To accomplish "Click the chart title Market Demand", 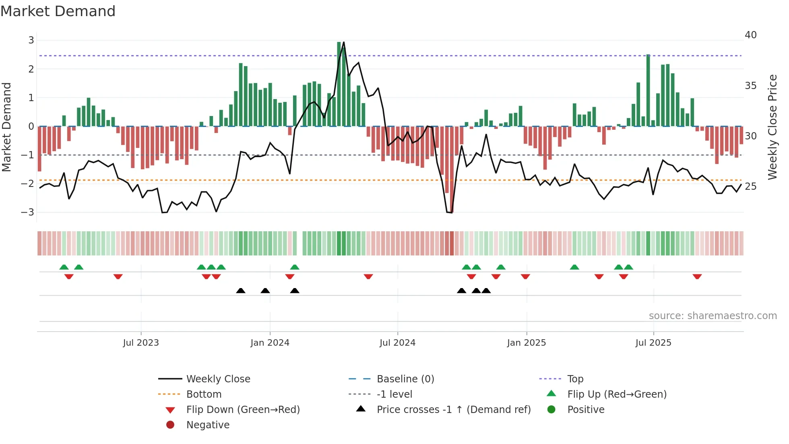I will pos(58,11).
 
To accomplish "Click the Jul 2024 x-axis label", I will pos(397,343).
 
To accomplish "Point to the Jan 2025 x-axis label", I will pos(526,343).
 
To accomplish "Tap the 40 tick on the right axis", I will pos(750,35).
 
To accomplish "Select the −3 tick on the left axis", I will pos(27,212).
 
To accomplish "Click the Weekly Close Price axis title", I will pos(772,127).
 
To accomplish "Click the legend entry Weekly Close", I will pos(218,379).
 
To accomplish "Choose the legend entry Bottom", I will pos(204,394).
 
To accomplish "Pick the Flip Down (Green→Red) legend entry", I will pos(243,410).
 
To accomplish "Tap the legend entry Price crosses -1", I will pos(453,410).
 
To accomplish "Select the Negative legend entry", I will pos(208,425).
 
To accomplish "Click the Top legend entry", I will pos(575,379).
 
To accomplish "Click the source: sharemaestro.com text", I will pos(713,316).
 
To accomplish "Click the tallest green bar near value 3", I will pos(339,84).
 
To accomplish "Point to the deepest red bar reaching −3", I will pos(452,169).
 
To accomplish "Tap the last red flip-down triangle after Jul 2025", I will pos(697,276).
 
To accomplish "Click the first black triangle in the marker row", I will pos(241,290).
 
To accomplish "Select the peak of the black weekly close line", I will pos(343,42).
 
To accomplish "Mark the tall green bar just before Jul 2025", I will pos(648,91).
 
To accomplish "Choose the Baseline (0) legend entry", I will pos(405,379).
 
